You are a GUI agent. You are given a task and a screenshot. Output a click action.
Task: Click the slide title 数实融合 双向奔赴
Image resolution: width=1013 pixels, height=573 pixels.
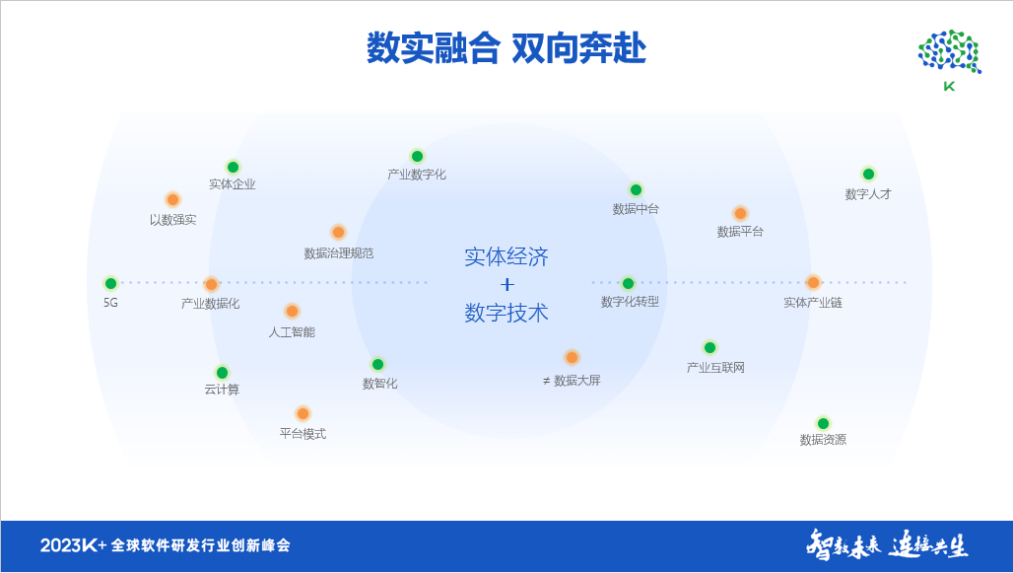(x=506, y=48)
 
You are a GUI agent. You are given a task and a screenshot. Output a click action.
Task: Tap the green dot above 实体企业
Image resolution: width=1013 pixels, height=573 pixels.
(x=233, y=167)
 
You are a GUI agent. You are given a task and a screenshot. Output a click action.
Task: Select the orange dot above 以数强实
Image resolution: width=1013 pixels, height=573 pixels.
(x=172, y=199)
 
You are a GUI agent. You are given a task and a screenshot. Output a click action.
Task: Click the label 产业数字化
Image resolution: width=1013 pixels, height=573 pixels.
(x=417, y=175)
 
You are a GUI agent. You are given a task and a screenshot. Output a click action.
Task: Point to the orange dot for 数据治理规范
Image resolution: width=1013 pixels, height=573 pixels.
(x=338, y=232)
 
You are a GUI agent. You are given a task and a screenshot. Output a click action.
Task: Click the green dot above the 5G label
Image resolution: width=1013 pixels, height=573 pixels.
(x=110, y=283)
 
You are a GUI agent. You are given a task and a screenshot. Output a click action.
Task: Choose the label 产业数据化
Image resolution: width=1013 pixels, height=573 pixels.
(x=210, y=304)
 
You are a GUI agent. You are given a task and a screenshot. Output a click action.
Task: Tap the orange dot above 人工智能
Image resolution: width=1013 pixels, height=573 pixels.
(x=292, y=311)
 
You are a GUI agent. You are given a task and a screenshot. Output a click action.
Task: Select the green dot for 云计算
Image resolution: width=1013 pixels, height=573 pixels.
(x=222, y=372)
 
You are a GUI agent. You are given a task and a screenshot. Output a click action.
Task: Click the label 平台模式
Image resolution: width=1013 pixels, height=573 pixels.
(x=303, y=434)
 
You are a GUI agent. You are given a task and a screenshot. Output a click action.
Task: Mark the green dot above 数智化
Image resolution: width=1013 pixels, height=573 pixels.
(x=377, y=364)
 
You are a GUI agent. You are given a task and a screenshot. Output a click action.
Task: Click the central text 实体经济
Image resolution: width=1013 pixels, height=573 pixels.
(x=506, y=257)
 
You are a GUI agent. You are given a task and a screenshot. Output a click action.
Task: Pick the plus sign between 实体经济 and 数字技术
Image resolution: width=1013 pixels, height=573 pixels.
(x=506, y=285)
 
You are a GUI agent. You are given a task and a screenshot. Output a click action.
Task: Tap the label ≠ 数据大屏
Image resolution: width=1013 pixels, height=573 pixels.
(x=572, y=381)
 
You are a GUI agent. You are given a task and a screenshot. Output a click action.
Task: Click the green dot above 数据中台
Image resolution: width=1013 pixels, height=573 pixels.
(x=636, y=189)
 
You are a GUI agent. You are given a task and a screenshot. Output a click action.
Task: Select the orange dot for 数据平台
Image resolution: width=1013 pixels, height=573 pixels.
(x=740, y=213)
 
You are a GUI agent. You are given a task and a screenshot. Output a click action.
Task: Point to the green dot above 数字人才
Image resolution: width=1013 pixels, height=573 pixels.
(x=868, y=174)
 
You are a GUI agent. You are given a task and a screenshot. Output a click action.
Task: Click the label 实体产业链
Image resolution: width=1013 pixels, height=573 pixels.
(x=813, y=303)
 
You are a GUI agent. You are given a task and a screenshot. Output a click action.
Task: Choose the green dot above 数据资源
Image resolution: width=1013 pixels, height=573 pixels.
(x=823, y=423)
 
